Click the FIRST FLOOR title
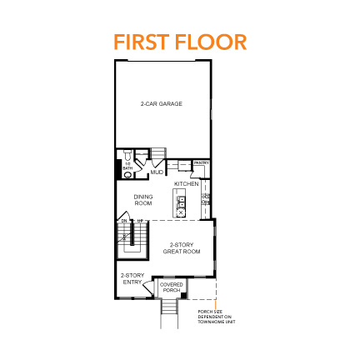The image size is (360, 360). [180, 41]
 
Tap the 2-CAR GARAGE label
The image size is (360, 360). [162, 104]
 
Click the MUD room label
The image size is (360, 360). [157, 172]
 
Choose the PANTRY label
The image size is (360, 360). [201, 163]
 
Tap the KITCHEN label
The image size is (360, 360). [186, 183]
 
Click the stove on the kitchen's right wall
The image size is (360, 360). [207, 202]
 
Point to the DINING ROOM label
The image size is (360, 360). [142, 200]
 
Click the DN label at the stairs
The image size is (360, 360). [123, 221]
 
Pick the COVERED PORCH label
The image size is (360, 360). [172, 287]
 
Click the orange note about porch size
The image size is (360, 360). [211, 317]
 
